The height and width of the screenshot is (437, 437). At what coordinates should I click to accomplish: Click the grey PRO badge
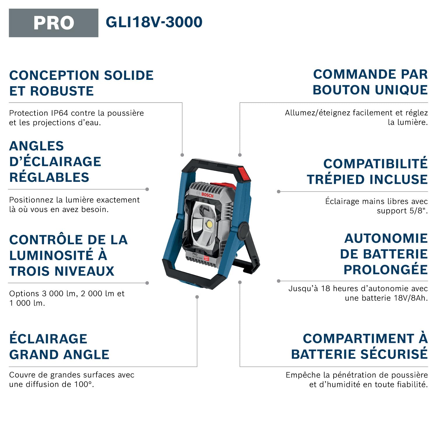[54, 23]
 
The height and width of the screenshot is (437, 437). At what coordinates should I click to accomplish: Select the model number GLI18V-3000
[154, 22]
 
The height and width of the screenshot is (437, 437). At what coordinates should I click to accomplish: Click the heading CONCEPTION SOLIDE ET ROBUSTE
[81, 83]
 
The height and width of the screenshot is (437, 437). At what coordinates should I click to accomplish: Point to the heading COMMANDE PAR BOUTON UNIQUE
[370, 82]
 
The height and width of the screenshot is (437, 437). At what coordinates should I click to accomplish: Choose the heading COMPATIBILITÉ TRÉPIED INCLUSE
[367, 172]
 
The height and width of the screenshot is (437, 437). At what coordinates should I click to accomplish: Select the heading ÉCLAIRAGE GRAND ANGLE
[59, 347]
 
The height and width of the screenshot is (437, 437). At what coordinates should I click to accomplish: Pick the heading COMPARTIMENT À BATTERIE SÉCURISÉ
[360, 346]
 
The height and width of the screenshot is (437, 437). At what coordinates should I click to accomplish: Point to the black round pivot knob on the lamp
[244, 230]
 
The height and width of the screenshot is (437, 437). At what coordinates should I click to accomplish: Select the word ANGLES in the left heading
[36, 146]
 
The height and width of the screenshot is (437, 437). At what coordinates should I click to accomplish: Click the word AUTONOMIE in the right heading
[386, 238]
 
